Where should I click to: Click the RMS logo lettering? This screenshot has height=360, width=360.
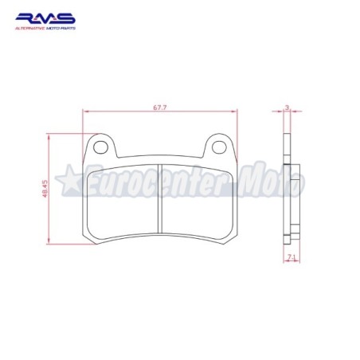tap(45, 18)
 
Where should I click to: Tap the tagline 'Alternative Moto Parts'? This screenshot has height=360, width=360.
tap(45, 28)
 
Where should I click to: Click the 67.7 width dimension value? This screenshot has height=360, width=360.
tap(160, 108)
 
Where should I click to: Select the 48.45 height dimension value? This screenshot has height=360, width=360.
tap(45, 189)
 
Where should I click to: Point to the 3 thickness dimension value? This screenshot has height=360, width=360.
tap(287, 108)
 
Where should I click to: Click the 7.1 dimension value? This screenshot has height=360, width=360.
tap(292, 256)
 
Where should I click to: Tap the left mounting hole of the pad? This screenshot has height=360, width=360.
tap(100, 147)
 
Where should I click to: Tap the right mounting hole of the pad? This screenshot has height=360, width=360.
tap(219, 147)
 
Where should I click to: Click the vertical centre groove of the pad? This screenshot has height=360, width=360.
tap(160, 198)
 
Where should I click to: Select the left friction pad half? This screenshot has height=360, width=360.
tap(123, 202)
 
